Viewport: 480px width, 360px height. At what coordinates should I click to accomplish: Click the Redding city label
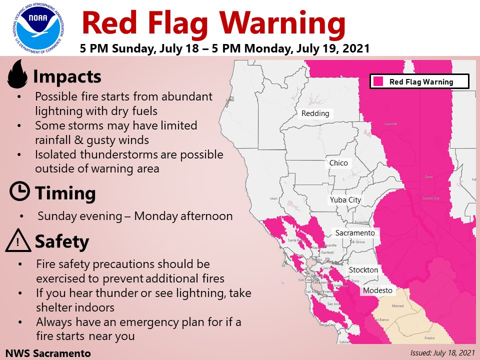(315, 113)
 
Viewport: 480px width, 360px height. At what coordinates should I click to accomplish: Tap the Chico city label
(338, 163)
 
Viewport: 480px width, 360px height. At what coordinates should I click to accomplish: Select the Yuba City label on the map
(345, 200)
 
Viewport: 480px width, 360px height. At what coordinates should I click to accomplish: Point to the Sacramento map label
(354, 233)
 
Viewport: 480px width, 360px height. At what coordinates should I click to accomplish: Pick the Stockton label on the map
(363, 270)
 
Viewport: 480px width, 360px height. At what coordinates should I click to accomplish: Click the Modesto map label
(377, 290)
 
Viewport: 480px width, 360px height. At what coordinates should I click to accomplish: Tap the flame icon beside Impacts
(18, 74)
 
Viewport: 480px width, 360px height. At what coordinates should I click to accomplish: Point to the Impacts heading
(67, 77)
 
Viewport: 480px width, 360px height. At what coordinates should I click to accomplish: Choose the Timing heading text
(64, 193)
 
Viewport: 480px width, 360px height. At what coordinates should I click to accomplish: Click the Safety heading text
(61, 242)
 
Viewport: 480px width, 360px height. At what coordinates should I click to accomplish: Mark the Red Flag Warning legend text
(421, 82)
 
